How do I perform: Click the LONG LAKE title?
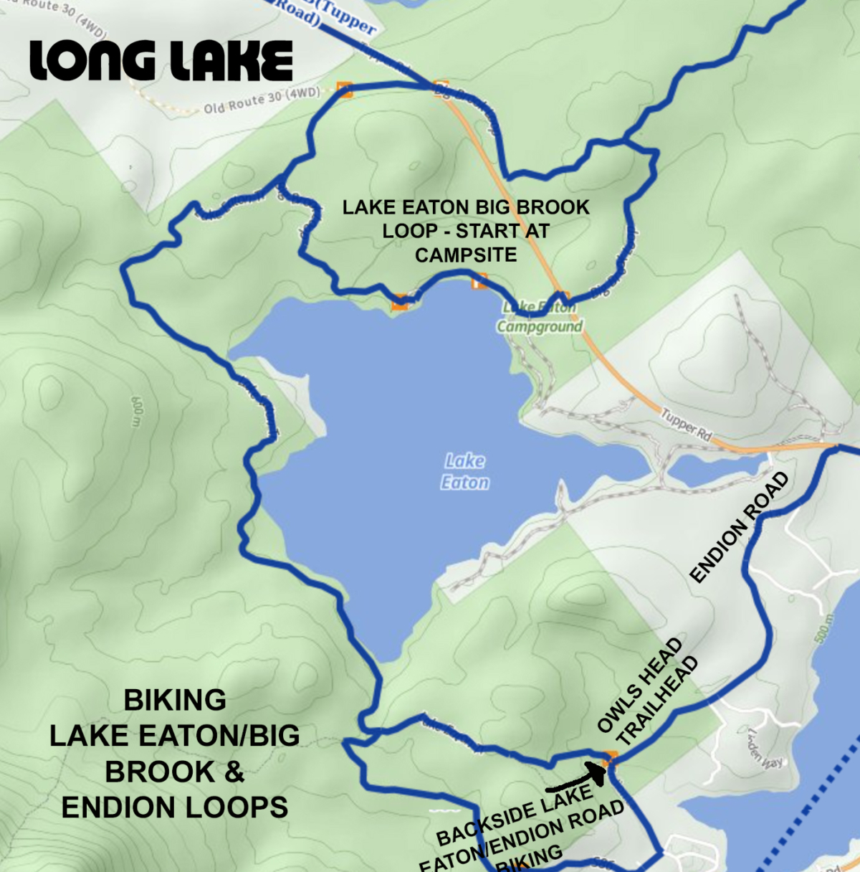161,60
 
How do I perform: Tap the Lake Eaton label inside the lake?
465,471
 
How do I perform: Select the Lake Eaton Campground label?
540,318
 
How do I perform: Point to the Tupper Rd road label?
686,425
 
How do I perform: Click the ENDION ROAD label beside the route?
739,527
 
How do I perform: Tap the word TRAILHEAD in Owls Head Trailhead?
657,701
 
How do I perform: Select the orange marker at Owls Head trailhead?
610,757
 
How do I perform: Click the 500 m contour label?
826,629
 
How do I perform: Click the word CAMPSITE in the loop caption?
466,255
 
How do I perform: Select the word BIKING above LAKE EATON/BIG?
175,700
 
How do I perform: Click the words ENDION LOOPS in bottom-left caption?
175,807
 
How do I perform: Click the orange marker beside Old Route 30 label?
345,90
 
